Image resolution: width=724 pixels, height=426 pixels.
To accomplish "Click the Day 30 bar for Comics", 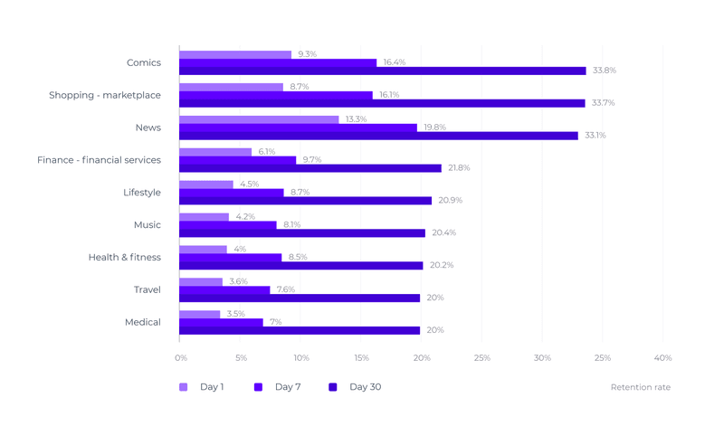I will (x=382, y=71).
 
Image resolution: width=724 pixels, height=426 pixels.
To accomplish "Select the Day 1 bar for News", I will (x=259, y=119).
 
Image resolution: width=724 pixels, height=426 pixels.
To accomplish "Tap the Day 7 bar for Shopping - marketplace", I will (x=276, y=95).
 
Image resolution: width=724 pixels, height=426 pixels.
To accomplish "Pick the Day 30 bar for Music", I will (x=302, y=233).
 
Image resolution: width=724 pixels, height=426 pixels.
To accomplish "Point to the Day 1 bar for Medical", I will (x=200, y=314).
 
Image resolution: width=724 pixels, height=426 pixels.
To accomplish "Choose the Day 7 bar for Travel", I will (x=224, y=290).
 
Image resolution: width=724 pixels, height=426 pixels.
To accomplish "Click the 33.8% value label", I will (x=604, y=71).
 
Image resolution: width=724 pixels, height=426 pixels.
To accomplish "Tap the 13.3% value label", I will (x=356, y=119).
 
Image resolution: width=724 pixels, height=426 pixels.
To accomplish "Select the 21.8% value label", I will (x=459, y=168).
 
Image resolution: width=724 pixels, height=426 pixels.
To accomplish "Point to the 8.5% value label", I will (x=297, y=257).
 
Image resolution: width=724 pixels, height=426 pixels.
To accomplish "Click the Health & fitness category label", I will (x=124, y=257).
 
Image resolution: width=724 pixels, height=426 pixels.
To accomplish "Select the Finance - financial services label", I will (x=99, y=160).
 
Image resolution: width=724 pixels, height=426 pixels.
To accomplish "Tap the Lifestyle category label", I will (x=142, y=193).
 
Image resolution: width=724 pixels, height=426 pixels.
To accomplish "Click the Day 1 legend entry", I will (x=202, y=387).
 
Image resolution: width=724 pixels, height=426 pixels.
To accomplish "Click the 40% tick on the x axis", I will (x=662, y=358).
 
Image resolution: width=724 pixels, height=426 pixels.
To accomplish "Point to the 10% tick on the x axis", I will (x=300, y=358).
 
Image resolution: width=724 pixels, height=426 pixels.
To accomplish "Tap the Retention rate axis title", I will (x=640, y=387).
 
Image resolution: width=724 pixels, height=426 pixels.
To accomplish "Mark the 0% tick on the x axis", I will (x=181, y=358).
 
